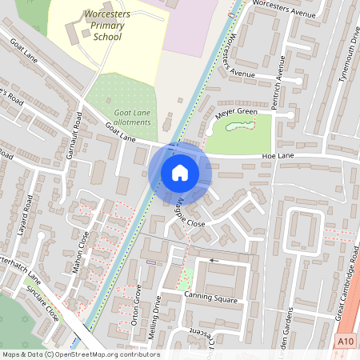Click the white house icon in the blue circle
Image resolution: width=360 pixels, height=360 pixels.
tap(180, 172)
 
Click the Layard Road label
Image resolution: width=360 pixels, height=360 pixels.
tap(24, 214)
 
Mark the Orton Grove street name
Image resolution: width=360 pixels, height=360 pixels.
tap(138, 303)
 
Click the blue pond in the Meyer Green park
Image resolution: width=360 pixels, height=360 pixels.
tap(238, 125)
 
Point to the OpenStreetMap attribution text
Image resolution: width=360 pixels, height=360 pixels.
tap(80, 354)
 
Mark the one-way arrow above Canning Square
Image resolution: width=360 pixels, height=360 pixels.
tap(214, 260)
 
